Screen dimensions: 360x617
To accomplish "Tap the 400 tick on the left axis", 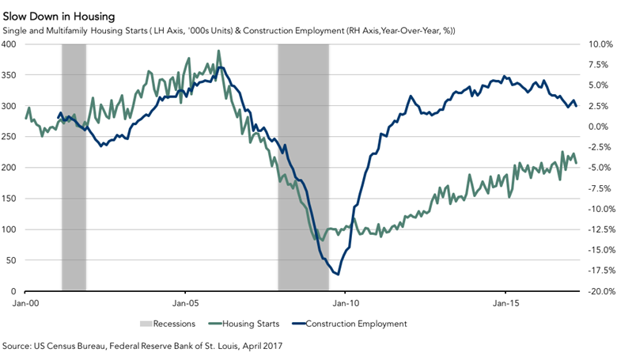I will (13, 44).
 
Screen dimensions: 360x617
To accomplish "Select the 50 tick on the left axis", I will (15, 261).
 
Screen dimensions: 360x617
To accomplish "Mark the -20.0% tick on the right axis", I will (597, 292).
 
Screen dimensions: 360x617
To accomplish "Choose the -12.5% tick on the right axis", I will (597, 229).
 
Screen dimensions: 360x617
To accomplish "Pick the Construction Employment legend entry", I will (353, 323).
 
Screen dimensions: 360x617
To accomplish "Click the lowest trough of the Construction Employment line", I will (338, 275).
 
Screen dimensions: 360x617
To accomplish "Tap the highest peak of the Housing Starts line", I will (218, 52).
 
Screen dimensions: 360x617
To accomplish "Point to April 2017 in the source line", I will (262, 346).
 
